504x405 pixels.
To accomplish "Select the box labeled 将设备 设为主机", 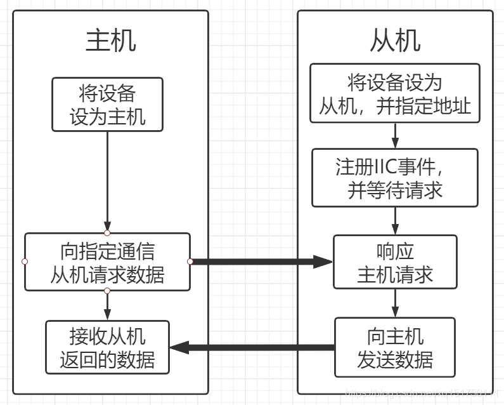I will tap(107, 104).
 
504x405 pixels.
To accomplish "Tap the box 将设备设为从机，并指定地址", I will tap(395, 93).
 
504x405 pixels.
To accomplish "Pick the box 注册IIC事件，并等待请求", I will tap(395, 178).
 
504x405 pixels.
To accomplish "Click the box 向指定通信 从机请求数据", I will tap(107, 262).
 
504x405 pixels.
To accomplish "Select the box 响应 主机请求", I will tap(395, 262).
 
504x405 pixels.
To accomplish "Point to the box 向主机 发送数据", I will tap(395, 347).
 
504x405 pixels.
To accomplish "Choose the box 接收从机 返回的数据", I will tap(107, 347).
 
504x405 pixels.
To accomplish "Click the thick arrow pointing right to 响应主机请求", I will tap(260, 262).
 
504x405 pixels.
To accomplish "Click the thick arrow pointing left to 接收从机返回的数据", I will tap(254, 347).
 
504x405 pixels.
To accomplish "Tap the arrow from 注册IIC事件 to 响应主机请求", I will tap(395, 220).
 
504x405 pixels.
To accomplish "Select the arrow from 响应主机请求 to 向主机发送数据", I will tap(395, 303).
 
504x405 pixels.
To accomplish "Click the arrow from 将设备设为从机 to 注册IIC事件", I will tap(395, 135).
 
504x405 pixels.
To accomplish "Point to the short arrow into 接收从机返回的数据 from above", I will tap(107, 305).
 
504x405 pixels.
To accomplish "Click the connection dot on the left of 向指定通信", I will tap(25, 262).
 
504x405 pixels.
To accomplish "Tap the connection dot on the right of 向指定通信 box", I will tap(190, 262).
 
